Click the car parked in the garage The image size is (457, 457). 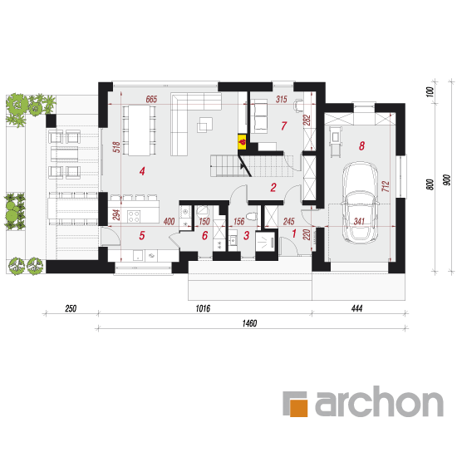[x=360, y=203]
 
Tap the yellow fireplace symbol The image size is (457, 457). [x=242, y=142]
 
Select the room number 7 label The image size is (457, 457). [x=283, y=126]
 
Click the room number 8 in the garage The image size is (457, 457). [x=361, y=145]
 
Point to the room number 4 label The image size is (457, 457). [x=142, y=171]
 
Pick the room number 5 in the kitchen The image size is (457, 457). [x=142, y=235]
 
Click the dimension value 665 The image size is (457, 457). [x=151, y=100]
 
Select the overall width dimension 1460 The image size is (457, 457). [x=250, y=323]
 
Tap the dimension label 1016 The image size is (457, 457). [x=203, y=308]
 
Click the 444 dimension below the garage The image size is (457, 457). [x=356, y=308]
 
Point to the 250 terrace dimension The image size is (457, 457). [x=71, y=308]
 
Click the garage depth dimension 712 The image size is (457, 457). [x=386, y=186]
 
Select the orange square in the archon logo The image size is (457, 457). [x=299, y=407]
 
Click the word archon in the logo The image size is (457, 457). [x=379, y=401]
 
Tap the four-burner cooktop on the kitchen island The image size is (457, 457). [x=134, y=217]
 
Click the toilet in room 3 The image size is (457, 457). [x=251, y=216]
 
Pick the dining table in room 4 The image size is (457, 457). [x=139, y=130]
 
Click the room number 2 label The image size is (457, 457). [x=273, y=188]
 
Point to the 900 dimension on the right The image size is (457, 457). [x=446, y=180]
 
